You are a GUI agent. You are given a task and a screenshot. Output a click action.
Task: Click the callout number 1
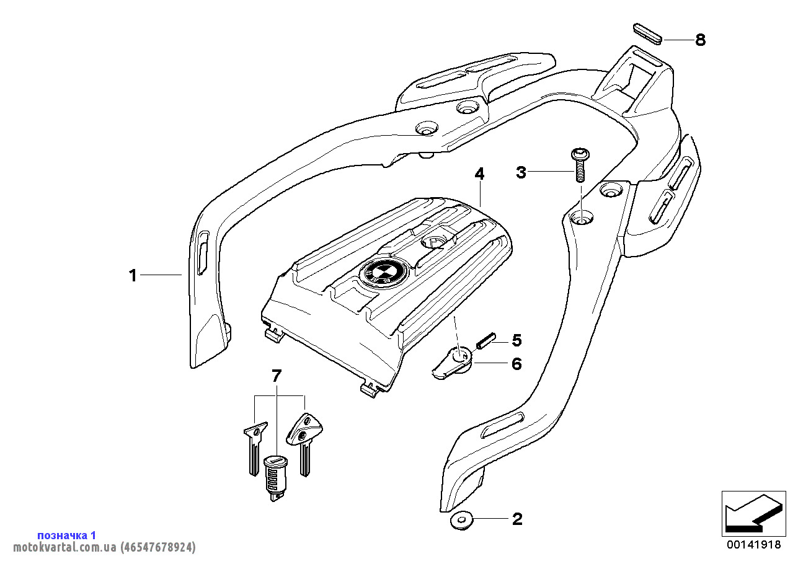coord(133,276)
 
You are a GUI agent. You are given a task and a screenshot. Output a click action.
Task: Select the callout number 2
coord(517,519)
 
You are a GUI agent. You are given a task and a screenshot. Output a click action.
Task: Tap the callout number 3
coord(521,172)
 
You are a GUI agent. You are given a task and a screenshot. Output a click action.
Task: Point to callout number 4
coord(479,174)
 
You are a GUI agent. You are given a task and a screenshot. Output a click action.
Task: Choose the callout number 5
coord(516,340)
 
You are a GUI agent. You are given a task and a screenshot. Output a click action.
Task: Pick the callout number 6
coord(516,364)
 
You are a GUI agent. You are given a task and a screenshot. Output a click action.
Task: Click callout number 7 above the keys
coord(277,376)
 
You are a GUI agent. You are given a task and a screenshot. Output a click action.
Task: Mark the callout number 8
coord(700,40)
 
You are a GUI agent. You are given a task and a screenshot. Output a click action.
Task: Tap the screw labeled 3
coord(580,165)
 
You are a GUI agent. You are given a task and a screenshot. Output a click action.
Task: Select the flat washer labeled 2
coord(461,521)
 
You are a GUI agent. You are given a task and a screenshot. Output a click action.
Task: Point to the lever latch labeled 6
coord(453,362)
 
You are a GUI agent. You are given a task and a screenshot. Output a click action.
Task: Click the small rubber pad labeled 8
coord(648,34)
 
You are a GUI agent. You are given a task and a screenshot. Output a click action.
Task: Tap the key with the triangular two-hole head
coord(304,443)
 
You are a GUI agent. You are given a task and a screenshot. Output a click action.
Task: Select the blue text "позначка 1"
coord(66,535)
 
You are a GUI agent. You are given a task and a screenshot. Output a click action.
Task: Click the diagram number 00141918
coord(754,545)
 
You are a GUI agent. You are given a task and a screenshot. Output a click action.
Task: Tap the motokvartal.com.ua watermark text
coord(104,547)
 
